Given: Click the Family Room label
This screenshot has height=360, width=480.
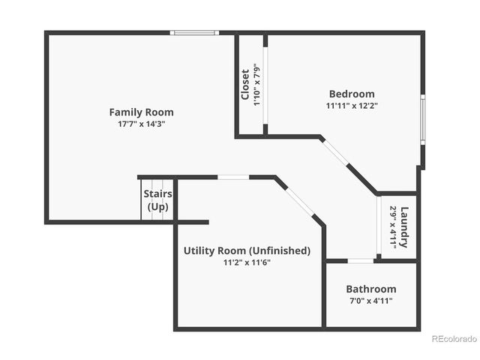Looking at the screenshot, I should pyautogui.click(x=141, y=112).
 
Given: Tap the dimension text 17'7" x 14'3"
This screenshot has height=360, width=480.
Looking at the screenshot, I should pyautogui.click(x=141, y=124).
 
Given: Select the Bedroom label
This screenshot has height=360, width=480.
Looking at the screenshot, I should pyautogui.click(x=352, y=94).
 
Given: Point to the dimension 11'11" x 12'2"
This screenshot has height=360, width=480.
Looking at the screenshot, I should pyautogui.click(x=352, y=106).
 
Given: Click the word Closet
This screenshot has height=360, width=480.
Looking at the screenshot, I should pyautogui.click(x=245, y=85).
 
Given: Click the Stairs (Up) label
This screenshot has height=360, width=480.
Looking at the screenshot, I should pyautogui.click(x=157, y=200).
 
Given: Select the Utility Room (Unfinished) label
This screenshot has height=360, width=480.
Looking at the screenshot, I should pyautogui.click(x=247, y=250).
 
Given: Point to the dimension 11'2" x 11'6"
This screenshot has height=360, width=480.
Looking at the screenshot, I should pyautogui.click(x=247, y=262).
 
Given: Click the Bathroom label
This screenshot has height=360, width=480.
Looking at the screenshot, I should pyautogui.click(x=370, y=289).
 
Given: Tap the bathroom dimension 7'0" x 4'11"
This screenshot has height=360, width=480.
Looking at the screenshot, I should pyautogui.click(x=370, y=301).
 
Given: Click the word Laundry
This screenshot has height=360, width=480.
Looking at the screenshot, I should pyautogui.click(x=404, y=227).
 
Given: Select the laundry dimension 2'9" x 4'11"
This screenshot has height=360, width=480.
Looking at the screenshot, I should pyautogui.click(x=393, y=227).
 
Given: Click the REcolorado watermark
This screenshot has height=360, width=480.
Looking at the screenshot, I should pyautogui.click(x=454, y=338).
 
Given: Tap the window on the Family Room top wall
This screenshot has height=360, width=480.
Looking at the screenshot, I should pyautogui.click(x=194, y=33).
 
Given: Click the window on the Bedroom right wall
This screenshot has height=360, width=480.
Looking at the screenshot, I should pyautogui.click(x=422, y=118).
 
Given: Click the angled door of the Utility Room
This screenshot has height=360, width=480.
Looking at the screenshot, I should pyautogui.click(x=299, y=201).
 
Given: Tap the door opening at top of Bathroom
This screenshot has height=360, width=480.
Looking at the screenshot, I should pyautogui.click(x=361, y=261).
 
